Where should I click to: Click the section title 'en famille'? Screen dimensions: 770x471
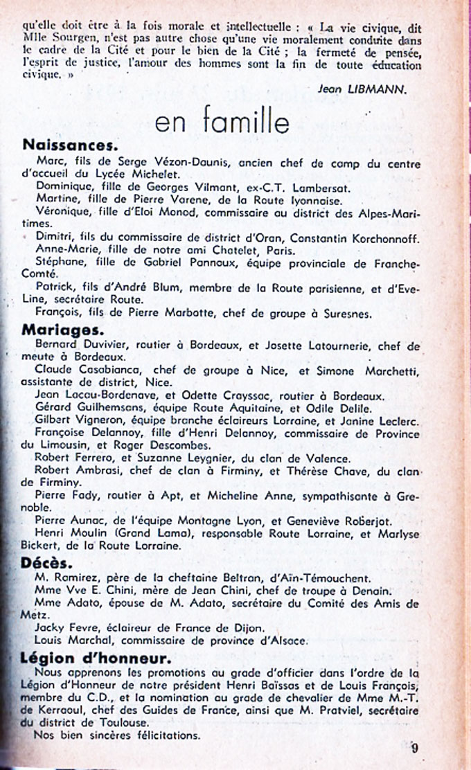tap(222, 122)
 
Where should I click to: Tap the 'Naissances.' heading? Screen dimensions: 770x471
tap(70, 145)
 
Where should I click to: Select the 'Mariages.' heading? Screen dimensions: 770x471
tap(63, 330)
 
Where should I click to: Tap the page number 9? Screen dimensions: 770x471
tap(414, 747)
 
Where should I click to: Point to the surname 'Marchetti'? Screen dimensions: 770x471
tap(386, 369)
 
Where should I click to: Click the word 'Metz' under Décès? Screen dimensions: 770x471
tap(33, 615)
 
